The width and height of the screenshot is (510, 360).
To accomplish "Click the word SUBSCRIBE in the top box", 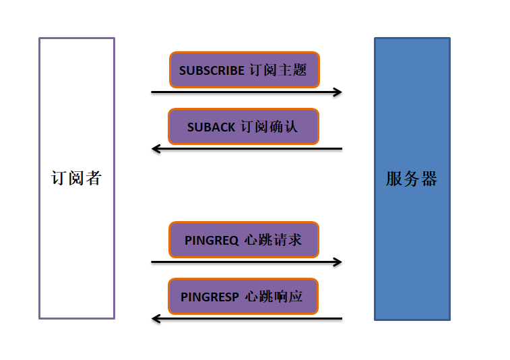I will click(212, 70).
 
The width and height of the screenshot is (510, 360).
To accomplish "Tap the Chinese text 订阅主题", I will click(278, 70).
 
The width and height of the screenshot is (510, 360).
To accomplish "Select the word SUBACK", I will click(211, 127).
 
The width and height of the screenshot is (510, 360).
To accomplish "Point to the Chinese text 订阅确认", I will click(269, 127).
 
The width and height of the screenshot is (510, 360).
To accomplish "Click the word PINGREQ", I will click(212, 240).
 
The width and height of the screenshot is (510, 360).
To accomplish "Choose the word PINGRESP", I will click(210, 297).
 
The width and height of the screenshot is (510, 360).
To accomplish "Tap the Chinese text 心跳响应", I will click(274, 297).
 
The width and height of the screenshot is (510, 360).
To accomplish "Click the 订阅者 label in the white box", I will click(76, 179).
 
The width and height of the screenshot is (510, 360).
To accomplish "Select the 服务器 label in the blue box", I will click(412, 179).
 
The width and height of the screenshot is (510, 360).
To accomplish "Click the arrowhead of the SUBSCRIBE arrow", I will click(338, 92).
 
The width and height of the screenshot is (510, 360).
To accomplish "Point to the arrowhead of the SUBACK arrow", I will click(156, 148).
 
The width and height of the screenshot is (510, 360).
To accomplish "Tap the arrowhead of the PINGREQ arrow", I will click(338, 262).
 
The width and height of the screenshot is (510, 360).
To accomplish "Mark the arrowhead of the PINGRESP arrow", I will click(156, 318).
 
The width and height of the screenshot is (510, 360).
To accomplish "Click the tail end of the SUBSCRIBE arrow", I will click(153, 92).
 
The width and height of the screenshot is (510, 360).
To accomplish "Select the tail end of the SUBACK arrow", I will click(341, 148).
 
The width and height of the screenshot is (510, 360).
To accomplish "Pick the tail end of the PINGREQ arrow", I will click(153, 262).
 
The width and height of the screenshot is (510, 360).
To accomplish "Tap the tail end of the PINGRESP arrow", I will click(341, 318).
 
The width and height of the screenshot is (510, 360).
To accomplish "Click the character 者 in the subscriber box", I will click(93, 179).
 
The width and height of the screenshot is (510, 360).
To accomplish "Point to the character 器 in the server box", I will click(428, 179).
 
